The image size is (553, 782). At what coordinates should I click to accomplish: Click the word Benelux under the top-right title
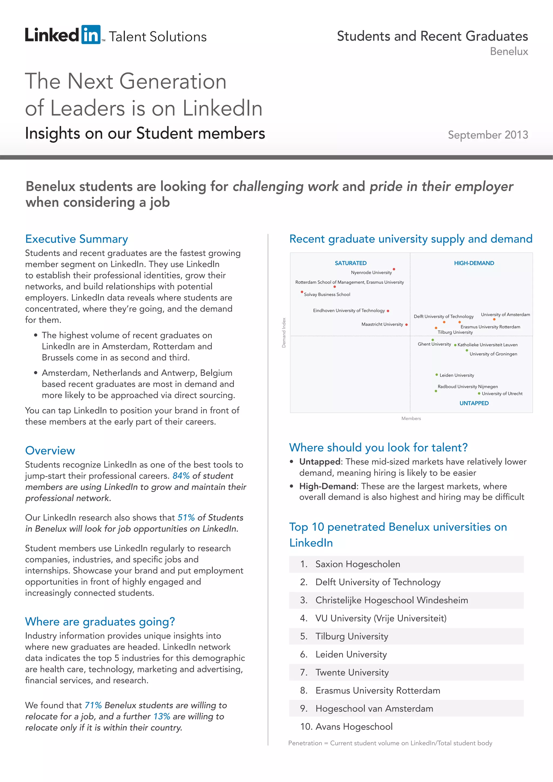509,51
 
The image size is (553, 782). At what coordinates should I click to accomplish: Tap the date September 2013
488,135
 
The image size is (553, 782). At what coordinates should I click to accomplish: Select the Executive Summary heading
77,239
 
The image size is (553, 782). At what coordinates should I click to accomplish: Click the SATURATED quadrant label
350,263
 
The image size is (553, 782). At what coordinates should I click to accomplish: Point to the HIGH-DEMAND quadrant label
474,263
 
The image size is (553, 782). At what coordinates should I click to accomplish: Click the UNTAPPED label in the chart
474,403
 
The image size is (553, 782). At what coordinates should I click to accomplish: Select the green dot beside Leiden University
437,375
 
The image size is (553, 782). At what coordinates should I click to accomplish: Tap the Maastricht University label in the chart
382,324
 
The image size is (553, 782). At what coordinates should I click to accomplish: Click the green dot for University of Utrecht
479,393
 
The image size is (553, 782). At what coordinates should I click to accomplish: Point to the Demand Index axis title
284,333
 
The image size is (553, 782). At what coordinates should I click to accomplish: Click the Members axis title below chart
411,419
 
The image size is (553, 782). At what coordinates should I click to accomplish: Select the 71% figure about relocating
93,705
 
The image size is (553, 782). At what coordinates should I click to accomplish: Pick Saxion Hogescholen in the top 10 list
358,564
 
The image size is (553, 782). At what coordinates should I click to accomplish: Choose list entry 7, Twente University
352,672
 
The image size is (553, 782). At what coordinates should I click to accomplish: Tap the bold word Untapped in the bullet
320,461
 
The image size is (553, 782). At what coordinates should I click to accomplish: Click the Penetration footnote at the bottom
390,743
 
